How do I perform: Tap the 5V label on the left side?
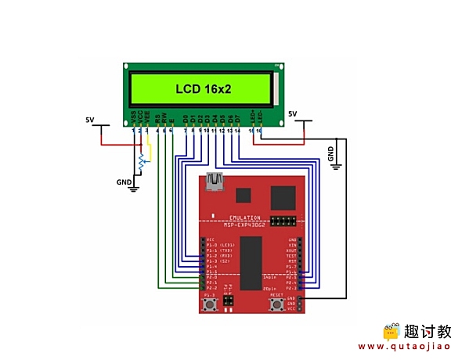(89, 120)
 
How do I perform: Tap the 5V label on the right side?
(294, 114)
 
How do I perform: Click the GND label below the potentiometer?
(124, 182)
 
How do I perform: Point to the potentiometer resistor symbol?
(142, 163)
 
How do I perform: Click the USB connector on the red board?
(214, 182)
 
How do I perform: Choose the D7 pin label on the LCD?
(238, 118)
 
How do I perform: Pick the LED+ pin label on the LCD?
(252, 116)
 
